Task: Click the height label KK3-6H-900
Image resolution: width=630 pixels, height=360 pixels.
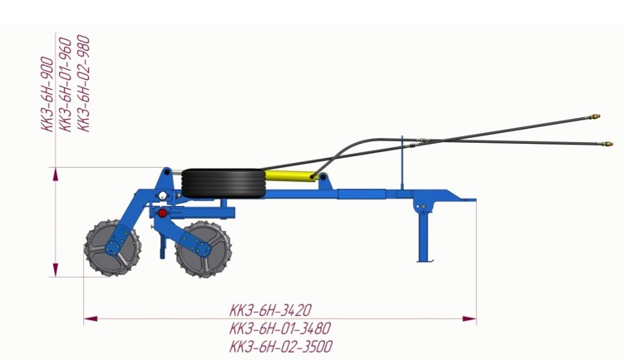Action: pyautogui.click(x=47, y=95)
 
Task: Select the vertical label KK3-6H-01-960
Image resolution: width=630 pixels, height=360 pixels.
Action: pyautogui.click(x=65, y=84)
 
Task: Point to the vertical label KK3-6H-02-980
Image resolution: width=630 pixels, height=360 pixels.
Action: pyautogui.click(x=83, y=83)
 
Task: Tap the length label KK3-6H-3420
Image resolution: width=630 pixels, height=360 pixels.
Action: pyautogui.click(x=270, y=310)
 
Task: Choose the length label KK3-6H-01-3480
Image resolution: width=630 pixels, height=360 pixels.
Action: pyautogui.click(x=280, y=328)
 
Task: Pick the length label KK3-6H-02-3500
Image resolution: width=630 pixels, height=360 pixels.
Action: pyautogui.click(x=281, y=346)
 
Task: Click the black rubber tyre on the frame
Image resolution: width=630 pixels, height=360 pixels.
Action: pyautogui.click(x=224, y=183)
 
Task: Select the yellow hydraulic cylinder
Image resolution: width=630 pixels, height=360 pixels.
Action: pyautogui.click(x=290, y=175)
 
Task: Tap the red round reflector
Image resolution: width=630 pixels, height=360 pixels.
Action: pyautogui.click(x=162, y=213)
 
